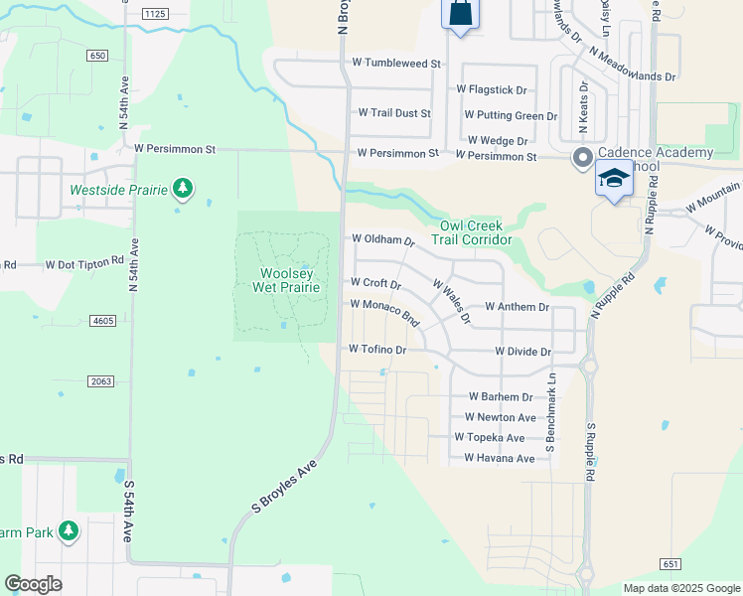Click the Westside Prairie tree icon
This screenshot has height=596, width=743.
pyautogui.click(x=181, y=188)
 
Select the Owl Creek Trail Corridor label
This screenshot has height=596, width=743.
pyautogui.click(x=472, y=232)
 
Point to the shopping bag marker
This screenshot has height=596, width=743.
pyautogui.click(x=460, y=13)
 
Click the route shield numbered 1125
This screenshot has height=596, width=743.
pyautogui.click(x=155, y=13)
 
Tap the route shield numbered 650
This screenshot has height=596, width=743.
pyautogui.click(x=96, y=56)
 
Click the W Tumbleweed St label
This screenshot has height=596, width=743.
pyautogui.click(x=396, y=64)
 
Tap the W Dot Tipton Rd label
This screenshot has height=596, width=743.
pyautogui.click(x=84, y=264)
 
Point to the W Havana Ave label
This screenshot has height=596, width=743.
pyautogui.click(x=500, y=458)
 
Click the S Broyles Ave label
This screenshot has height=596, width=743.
pyautogui.click(x=284, y=487)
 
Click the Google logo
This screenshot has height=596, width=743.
pyautogui.click(x=33, y=584)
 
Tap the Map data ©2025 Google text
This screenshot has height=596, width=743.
pyautogui.click(x=680, y=588)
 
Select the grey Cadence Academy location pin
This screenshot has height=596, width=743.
pyautogui.click(x=581, y=157)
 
